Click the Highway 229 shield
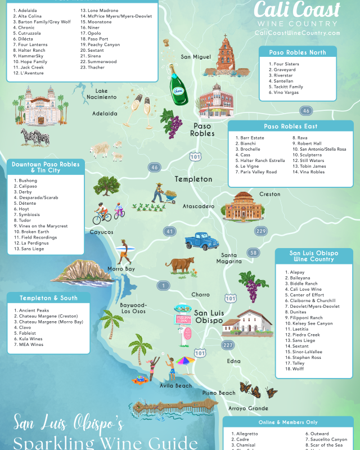260,231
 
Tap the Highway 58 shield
254,253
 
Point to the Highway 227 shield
227,345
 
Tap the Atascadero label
198,206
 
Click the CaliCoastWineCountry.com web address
298,33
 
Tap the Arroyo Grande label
248,408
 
